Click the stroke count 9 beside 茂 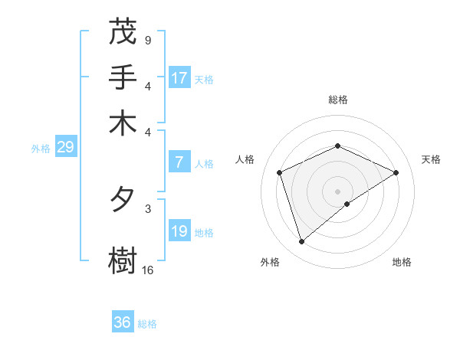coord(147,40)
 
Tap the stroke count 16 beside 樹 coord(148,270)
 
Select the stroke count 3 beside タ coord(147,208)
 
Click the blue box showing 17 coord(179,78)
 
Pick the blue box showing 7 coord(179,162)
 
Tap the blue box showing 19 coord(179,231)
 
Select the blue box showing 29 coord(65,147)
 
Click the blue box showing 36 coord(123,322)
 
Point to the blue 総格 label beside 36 coord(147,324)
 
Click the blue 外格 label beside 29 coord(41,149)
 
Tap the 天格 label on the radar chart coord(431,159)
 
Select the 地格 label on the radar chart coord(402,262)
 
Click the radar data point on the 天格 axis coord(396,172)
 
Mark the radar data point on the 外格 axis coord(301,242)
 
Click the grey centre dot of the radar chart coord(338,191)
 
